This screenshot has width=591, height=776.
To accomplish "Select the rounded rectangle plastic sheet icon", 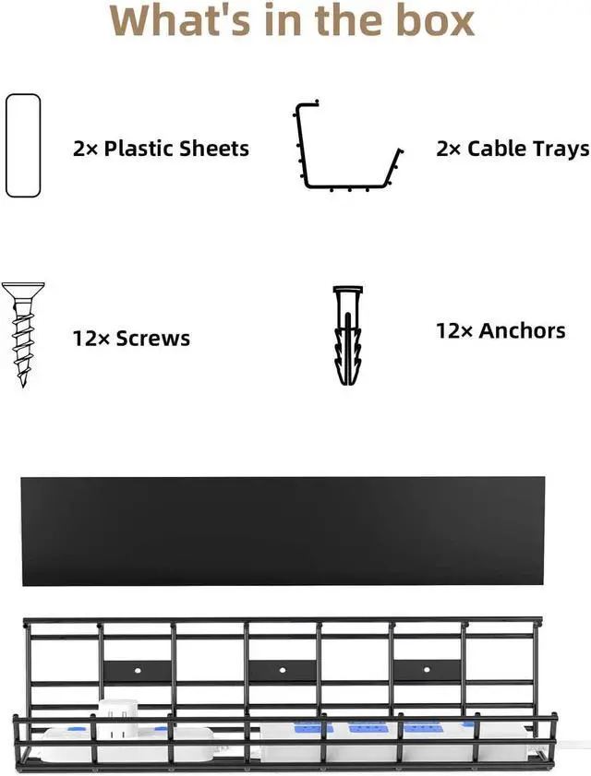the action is [23, 146].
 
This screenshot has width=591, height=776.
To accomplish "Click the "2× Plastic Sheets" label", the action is [161, 149].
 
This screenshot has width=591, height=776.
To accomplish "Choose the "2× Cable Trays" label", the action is [513, 149].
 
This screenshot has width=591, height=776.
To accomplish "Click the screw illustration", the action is [23, 335].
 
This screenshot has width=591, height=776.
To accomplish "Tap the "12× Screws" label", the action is [131, 339].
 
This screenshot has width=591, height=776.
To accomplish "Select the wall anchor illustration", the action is [348, 336].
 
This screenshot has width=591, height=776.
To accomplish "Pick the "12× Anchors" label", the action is [501, 331].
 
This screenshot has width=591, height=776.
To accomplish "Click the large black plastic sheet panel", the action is [283, 531].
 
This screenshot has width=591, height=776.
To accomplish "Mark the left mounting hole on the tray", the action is [138, 671].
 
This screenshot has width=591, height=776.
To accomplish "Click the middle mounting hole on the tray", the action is [283, 670].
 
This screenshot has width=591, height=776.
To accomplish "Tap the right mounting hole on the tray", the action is [427, 670].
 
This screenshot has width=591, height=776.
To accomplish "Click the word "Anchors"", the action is [522, 331].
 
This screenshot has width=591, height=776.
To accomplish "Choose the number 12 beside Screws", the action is [85, 339].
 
